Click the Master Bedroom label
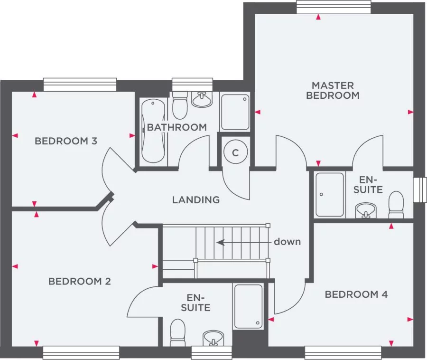[333, 90]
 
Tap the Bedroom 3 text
[66, 141]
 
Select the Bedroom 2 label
[80, 282]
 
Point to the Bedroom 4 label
[356, 294]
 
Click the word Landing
[195, 200]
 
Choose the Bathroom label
[176, 127]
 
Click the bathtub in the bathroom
[153, 131]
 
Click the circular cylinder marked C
[235, 152]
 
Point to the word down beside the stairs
[287, 242]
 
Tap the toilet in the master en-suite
[396, 203]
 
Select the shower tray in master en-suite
[329, 194]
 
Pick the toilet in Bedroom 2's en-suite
[177, 333]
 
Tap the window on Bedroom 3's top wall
[80, 85]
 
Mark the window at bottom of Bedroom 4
[343, 352]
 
